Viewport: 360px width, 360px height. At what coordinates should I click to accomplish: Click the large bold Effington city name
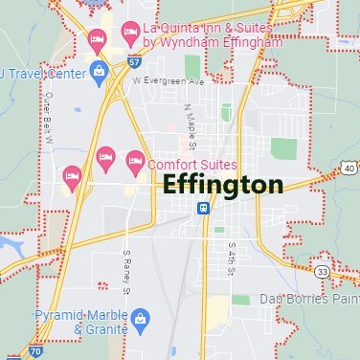[x=223, y=185]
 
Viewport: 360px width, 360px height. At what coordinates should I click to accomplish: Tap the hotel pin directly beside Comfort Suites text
[x=134, y=159]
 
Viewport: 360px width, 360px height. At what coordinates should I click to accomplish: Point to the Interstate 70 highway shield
[x=35, y=352]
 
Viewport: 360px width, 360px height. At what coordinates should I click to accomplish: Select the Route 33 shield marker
[x=324, y=271]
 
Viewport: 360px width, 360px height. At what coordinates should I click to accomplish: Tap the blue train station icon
[x=203, y=209]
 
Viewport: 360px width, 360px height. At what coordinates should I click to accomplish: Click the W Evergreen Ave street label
[x=169, y=81]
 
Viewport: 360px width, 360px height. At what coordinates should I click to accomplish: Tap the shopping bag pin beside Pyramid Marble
[x=142, y=316]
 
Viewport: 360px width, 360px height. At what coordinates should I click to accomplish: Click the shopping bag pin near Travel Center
[x=100, y=69]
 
